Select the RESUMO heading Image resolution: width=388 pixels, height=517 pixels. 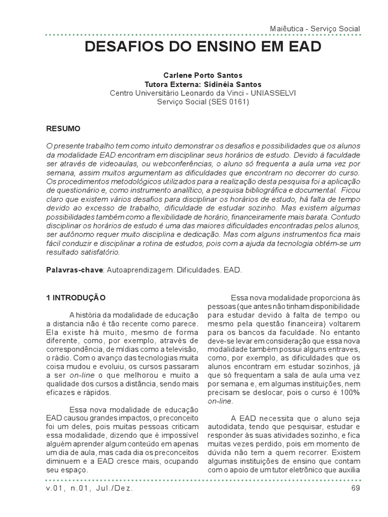click(63, 129)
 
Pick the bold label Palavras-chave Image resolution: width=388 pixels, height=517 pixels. click(74, 270)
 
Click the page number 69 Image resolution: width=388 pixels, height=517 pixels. click(355, 489)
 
